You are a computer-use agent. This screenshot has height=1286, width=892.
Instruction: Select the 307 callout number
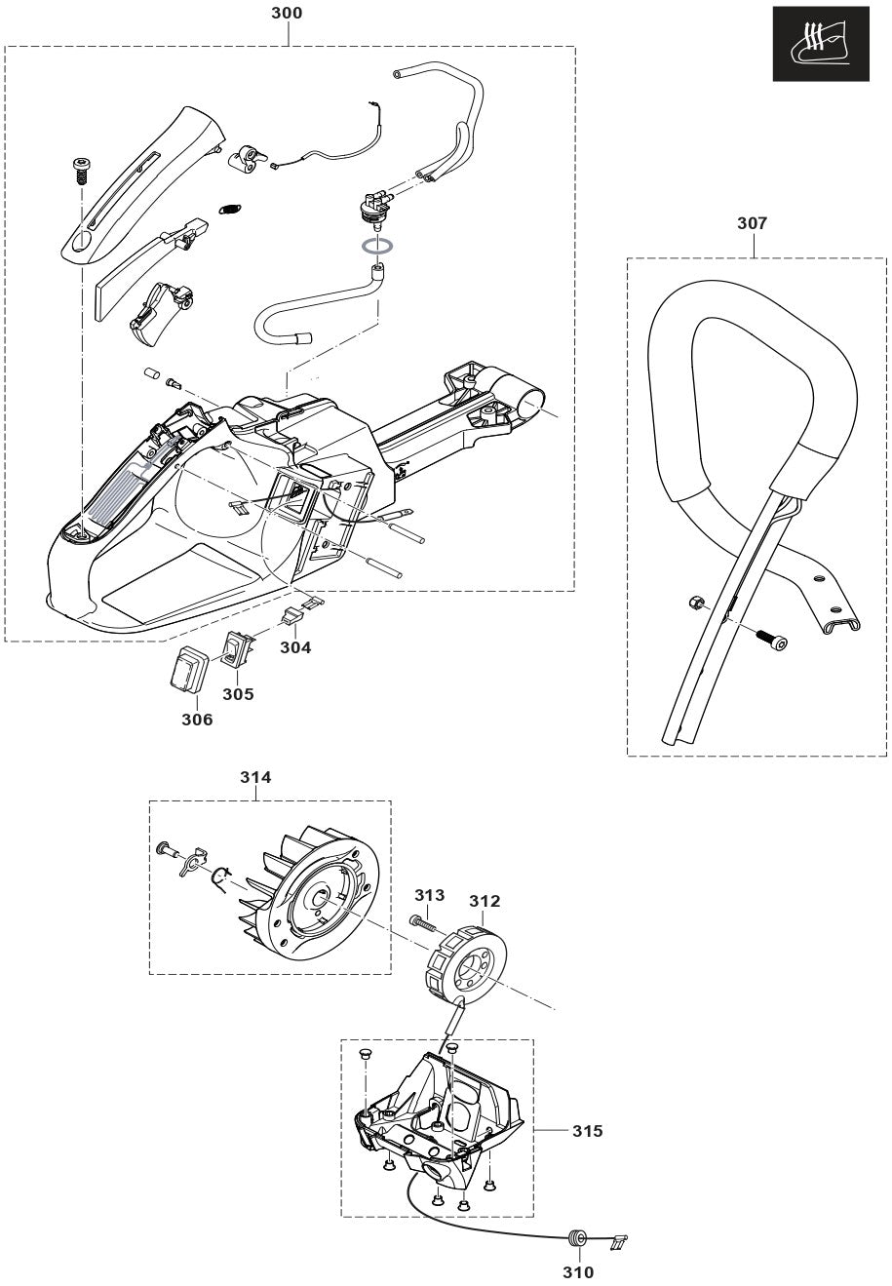(x=753, y=223)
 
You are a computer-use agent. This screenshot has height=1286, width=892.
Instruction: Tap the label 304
(x=296, y=646)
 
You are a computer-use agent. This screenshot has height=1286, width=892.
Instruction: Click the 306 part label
(x=196, y=720)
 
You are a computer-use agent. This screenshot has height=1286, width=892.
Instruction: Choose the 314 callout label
(x=256, y=777)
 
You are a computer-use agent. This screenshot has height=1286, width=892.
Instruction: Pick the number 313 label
(x=429, y=895)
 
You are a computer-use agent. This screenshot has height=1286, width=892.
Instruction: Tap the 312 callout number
(x=485, y=901)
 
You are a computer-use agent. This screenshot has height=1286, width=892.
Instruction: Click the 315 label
(x=587, y=1131)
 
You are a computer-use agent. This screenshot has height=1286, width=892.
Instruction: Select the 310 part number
(x=578, y=1271)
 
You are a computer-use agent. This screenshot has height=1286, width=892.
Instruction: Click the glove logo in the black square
(x=822, y=45)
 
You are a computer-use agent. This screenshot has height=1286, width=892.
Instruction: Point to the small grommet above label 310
(x=576, y=1239)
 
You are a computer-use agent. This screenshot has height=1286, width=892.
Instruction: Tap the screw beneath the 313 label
(x=422, y=920)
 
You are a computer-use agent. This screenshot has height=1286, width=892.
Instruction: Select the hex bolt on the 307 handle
(x=771, y=640)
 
